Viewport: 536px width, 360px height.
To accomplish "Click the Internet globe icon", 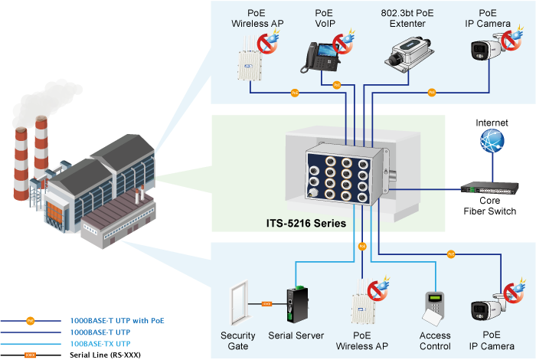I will pyautogui.click(x=492, y=142).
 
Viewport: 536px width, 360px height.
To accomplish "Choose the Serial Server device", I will pyautogui.click(x=295, y=306).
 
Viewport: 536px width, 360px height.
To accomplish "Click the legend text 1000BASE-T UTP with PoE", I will pyautogui.click(x=117, y=320).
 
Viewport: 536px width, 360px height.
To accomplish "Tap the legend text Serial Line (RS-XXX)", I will pyautogui.click(x=105, y=355).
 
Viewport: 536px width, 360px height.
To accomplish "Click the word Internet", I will pyautogui.click(x=492, y=123).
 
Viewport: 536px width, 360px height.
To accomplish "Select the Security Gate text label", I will pyautogui.click(x=238, y=340).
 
